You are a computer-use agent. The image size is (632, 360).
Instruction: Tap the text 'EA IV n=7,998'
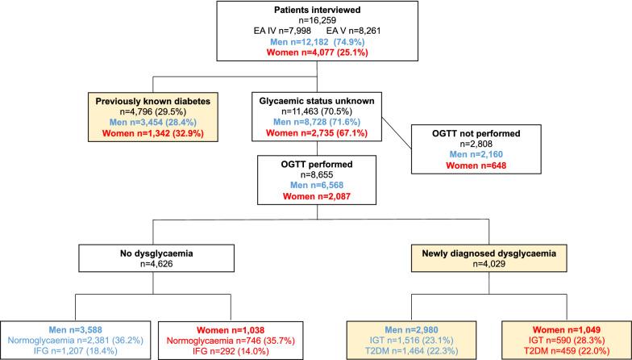click(276, 31)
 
